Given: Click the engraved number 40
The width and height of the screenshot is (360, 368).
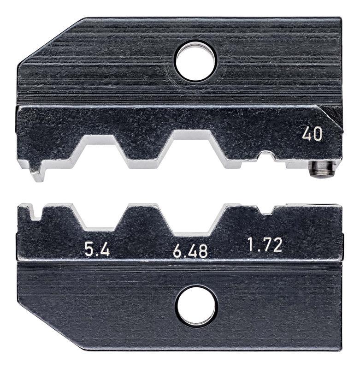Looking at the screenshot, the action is (x=312, y=135).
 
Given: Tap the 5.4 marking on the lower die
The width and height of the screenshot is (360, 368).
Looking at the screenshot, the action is (x=97, y=250).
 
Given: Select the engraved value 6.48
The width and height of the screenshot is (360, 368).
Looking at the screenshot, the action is (x=190, y=251).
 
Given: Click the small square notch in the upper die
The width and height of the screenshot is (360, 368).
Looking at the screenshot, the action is (x=266, y=155).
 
